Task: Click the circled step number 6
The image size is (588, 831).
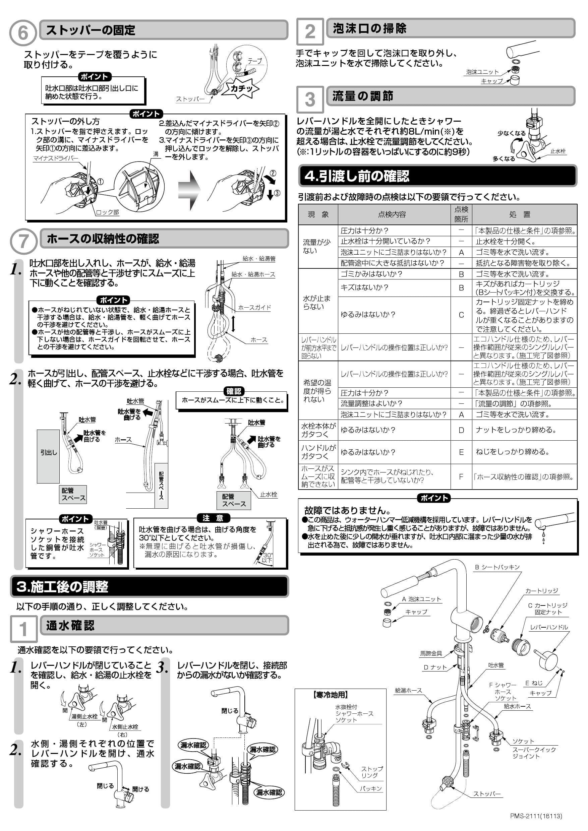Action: click(x=22, y=33)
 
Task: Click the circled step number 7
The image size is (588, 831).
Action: click(x=23, y=241)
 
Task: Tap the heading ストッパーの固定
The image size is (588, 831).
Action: click(x=91, y=30)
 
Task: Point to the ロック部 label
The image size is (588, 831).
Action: click(x=107, y=212)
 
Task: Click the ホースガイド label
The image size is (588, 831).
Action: click(x=254, y=307)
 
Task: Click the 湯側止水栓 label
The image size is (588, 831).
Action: click(x=84, y=716)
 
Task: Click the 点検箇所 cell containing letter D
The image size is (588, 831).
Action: click(x=461, y=430)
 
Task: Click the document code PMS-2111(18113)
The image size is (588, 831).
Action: click(x=536, y=816)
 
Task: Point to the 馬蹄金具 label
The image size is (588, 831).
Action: click(x=431, y=653)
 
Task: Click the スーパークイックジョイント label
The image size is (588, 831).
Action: click(x=534, y=753)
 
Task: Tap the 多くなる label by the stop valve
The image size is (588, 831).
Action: click(x=503, y=159)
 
